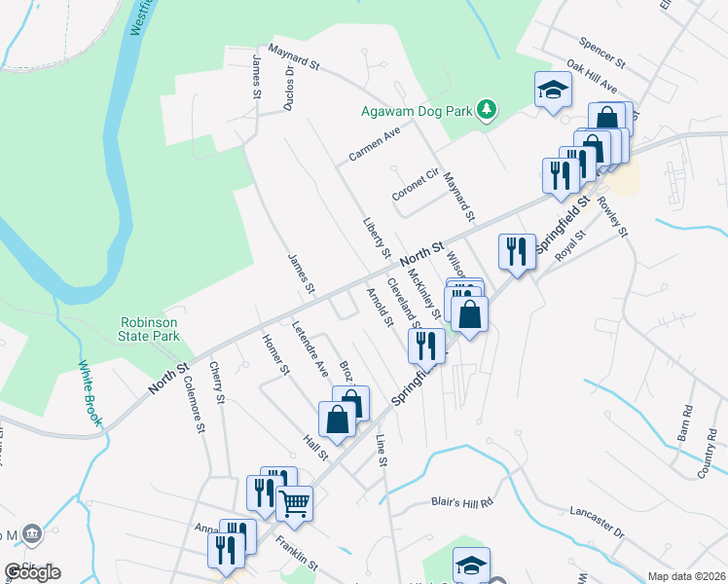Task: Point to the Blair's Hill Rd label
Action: [x=463, y=503]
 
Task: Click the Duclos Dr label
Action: [x=289, y=89]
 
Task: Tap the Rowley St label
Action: [x=614, y=218]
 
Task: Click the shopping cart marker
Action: [x=294, y=503]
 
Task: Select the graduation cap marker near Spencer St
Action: [x=553, y=91]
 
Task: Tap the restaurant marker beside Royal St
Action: [x=516, y=252]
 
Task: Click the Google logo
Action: [x=32, y=572]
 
